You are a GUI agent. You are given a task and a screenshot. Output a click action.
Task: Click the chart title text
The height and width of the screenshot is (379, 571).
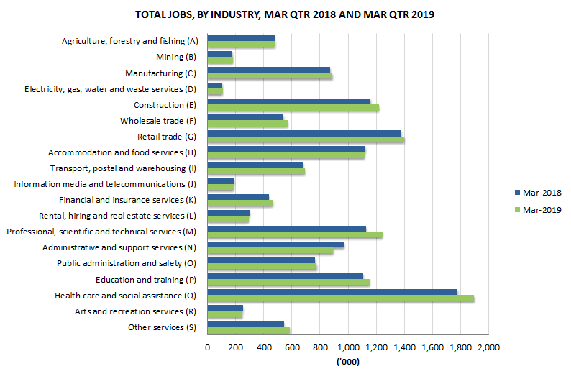click(285, 14)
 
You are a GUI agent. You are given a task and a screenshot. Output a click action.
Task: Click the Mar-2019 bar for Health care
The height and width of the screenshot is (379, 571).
click(340, 298)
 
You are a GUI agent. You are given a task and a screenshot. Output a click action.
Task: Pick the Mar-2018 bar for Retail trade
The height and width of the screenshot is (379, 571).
click(303, 133)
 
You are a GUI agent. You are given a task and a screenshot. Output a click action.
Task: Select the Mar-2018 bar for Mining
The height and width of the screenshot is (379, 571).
click(219, 53)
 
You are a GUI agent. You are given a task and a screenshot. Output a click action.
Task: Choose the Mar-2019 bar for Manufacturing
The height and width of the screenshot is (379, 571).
click(270, 76)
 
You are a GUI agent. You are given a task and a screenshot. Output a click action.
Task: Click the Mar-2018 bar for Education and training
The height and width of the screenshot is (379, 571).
click(285, 275)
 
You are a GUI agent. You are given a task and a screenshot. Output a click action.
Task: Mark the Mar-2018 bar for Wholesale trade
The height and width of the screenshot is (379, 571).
click(245, 117)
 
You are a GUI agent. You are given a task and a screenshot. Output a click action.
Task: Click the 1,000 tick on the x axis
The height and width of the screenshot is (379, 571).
click(348, 348)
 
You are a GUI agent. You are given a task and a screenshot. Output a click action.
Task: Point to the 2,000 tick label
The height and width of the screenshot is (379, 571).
click(488, 348)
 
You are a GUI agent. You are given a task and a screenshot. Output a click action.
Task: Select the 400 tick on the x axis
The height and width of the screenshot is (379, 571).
click(263, 348)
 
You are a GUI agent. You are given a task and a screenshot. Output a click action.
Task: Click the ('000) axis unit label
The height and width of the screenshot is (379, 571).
click(348, 362)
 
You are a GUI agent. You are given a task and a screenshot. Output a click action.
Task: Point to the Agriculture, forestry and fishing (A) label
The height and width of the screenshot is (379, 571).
click(129, 41)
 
